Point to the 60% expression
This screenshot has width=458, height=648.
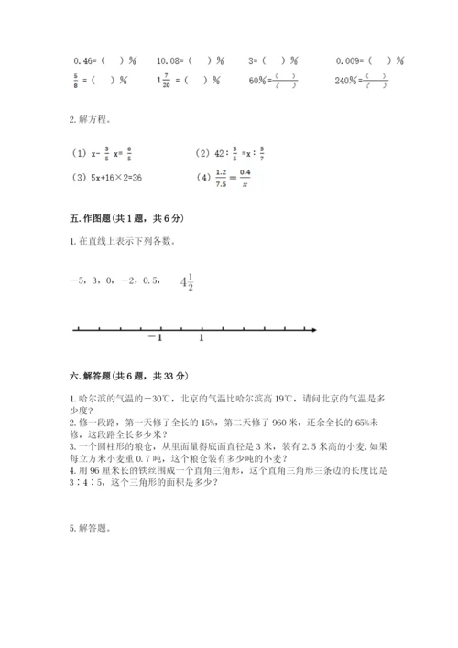(x=258, y=80)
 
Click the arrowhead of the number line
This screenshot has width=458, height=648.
(x=313, y=329)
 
